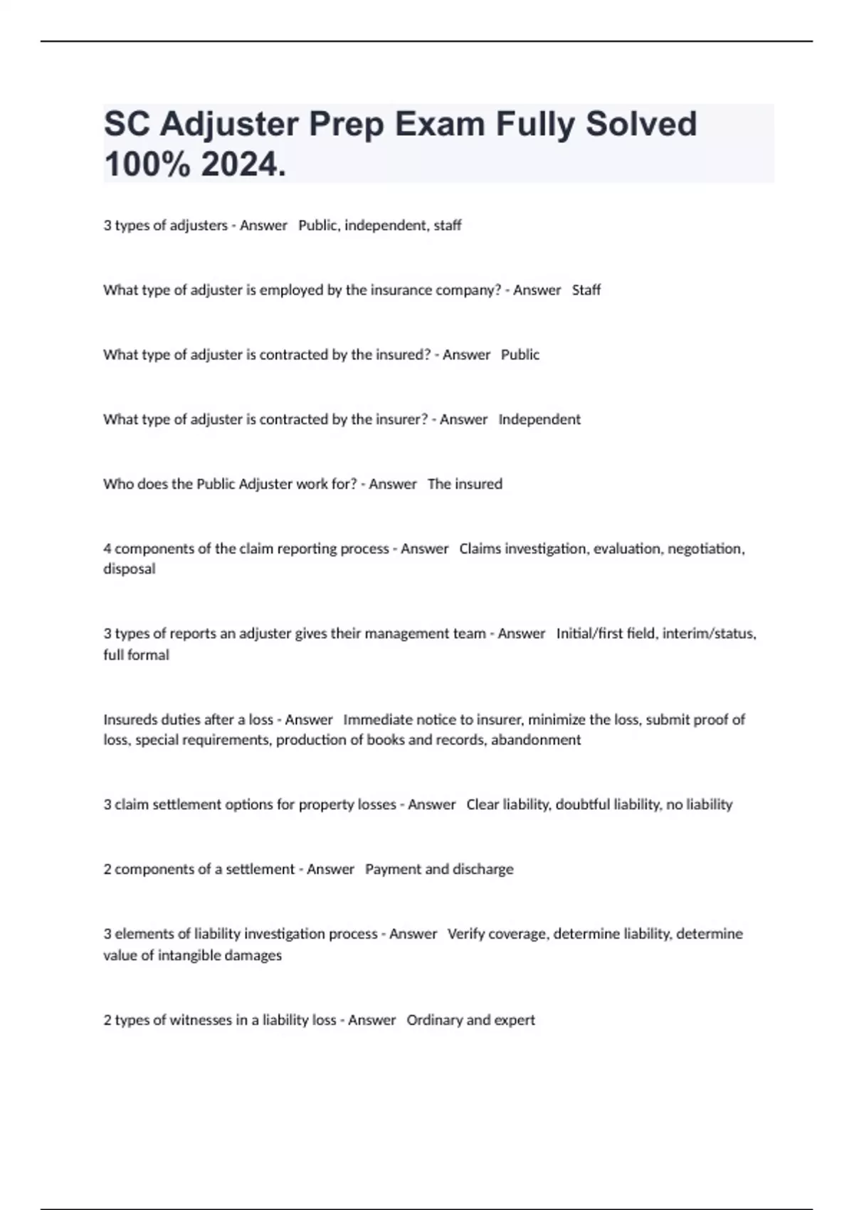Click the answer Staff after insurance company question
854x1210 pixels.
[x=586, y=290]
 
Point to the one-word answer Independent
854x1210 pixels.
[x=539, y=420]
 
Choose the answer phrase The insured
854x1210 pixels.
[x=465, y=485]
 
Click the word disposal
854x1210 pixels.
[x=129, y=569]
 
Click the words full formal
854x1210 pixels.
[x=136, y=655]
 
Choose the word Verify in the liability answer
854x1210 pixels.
[x=466, y=934]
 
